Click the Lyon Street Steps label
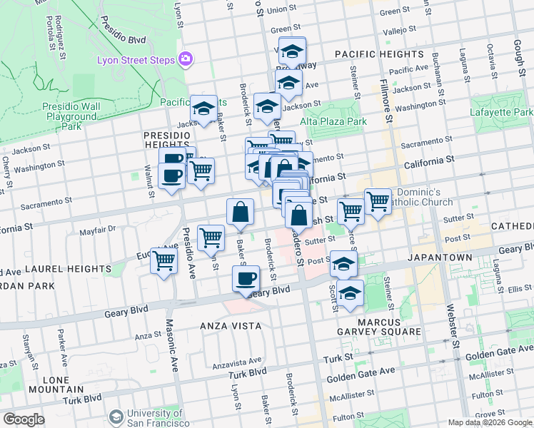[x=136, y=59]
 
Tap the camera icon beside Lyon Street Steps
[x=186, y=58]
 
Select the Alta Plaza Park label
[x=333, y=121]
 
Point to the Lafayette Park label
[x=502, y=113]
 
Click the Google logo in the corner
[x=24, y=419]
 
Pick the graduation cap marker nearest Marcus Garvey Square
[x=350, y=293]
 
